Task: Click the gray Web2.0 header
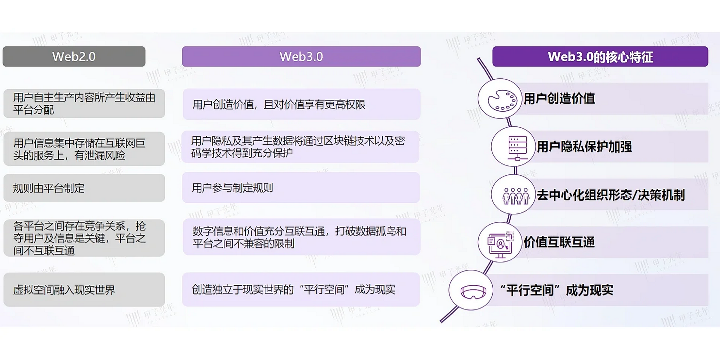[74, 56]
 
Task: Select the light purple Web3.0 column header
[301, 56]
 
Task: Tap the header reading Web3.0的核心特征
[600, 56]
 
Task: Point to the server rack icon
[513, 147]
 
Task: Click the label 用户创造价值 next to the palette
[559, 98]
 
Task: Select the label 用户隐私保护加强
[584, 147]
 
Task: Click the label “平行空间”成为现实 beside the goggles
[556, 290]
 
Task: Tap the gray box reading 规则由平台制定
[84, 188]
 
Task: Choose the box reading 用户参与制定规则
[301, 188]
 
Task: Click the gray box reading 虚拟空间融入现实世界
[84, 290]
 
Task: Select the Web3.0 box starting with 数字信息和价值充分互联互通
[301, 237]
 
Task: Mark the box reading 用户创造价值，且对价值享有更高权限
[301, 104]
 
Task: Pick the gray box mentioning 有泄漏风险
[84, 149]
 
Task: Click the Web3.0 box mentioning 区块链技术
[301, 147]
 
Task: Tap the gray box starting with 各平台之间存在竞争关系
[84, 238]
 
